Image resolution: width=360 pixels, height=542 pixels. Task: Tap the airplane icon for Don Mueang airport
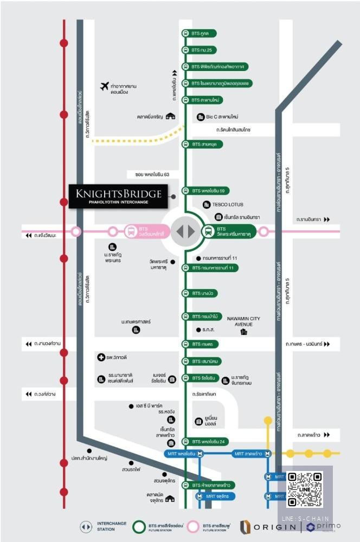point(105,86)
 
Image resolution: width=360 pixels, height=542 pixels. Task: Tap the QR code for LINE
point(305,489)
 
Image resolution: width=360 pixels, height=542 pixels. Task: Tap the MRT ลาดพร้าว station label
point(250,453)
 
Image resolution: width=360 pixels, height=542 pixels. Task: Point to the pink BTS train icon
point(131,231)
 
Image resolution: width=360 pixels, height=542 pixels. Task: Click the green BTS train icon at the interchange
point(208,231)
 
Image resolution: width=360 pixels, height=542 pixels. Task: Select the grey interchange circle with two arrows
point(185,231)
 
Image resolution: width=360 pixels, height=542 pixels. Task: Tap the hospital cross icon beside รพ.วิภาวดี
point(100,357)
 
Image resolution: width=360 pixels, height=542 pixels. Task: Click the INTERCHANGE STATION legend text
point(112,526)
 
